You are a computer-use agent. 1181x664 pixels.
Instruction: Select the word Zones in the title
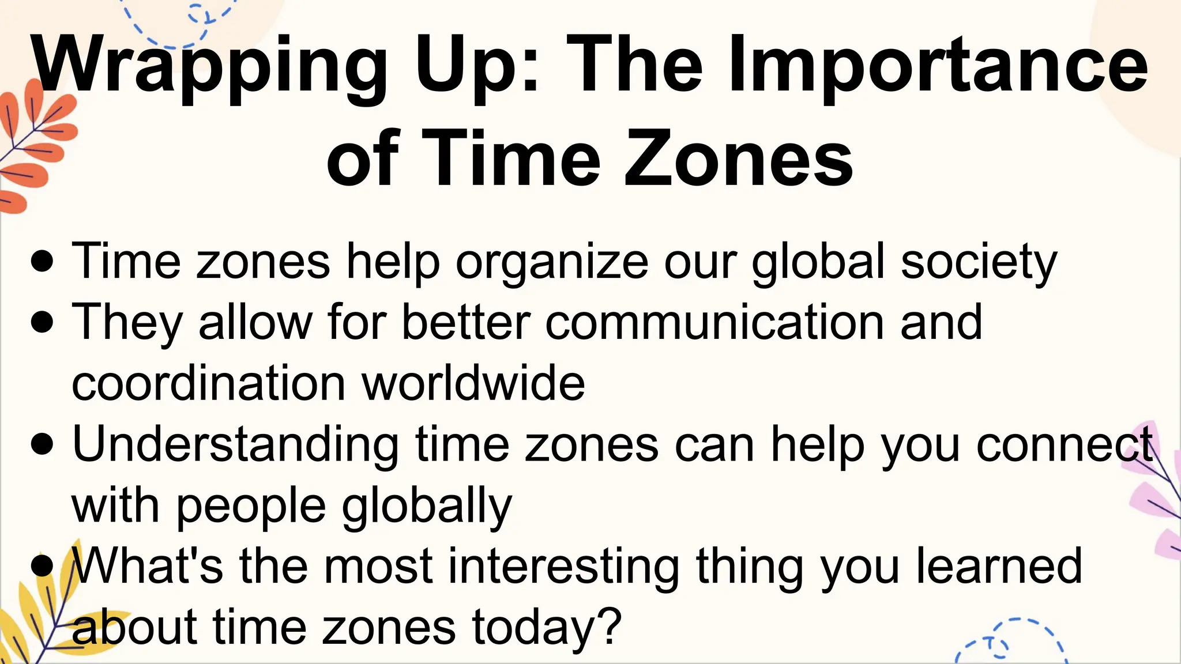(738, 158)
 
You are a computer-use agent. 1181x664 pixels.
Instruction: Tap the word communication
(714, 323)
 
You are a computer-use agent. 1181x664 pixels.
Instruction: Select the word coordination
(208, 383)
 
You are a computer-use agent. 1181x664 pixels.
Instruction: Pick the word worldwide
(473, 383)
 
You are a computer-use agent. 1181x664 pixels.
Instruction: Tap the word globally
(427, 506)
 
